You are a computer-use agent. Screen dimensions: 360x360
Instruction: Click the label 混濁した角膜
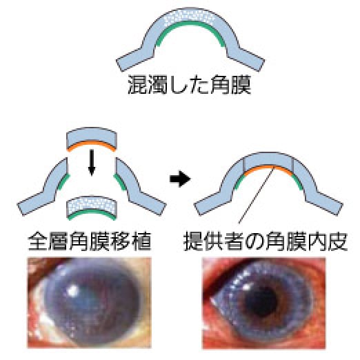click(x=189, y=85)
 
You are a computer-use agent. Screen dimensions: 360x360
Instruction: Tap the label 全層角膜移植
click(x=89, y=241)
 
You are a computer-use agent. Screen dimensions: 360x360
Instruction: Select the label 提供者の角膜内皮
click(x=266, y=241)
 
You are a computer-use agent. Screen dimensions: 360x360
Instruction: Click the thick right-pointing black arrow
click(x=180, y=179)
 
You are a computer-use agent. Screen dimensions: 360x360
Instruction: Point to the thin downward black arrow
click(x=92, y=163)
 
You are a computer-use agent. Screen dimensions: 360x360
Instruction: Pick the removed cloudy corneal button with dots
click(x=92, y=208)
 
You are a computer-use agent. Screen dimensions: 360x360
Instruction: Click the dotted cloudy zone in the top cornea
click(x=190, y=16)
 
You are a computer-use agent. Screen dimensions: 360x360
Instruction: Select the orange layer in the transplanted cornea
click(x=268, y=168)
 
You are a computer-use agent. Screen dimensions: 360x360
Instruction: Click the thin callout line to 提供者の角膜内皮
click(x=257, y=194)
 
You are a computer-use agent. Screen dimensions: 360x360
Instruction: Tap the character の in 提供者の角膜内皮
click(x=255, y=242)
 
